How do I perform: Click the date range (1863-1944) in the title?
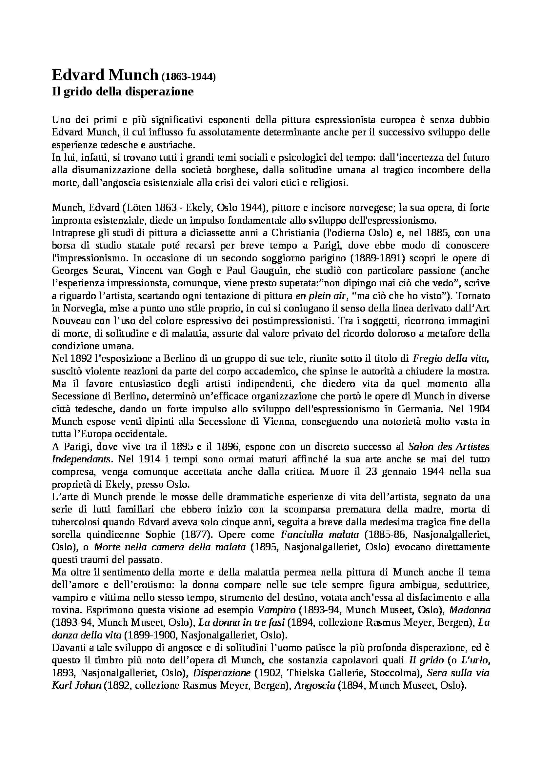click(189, 77)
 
